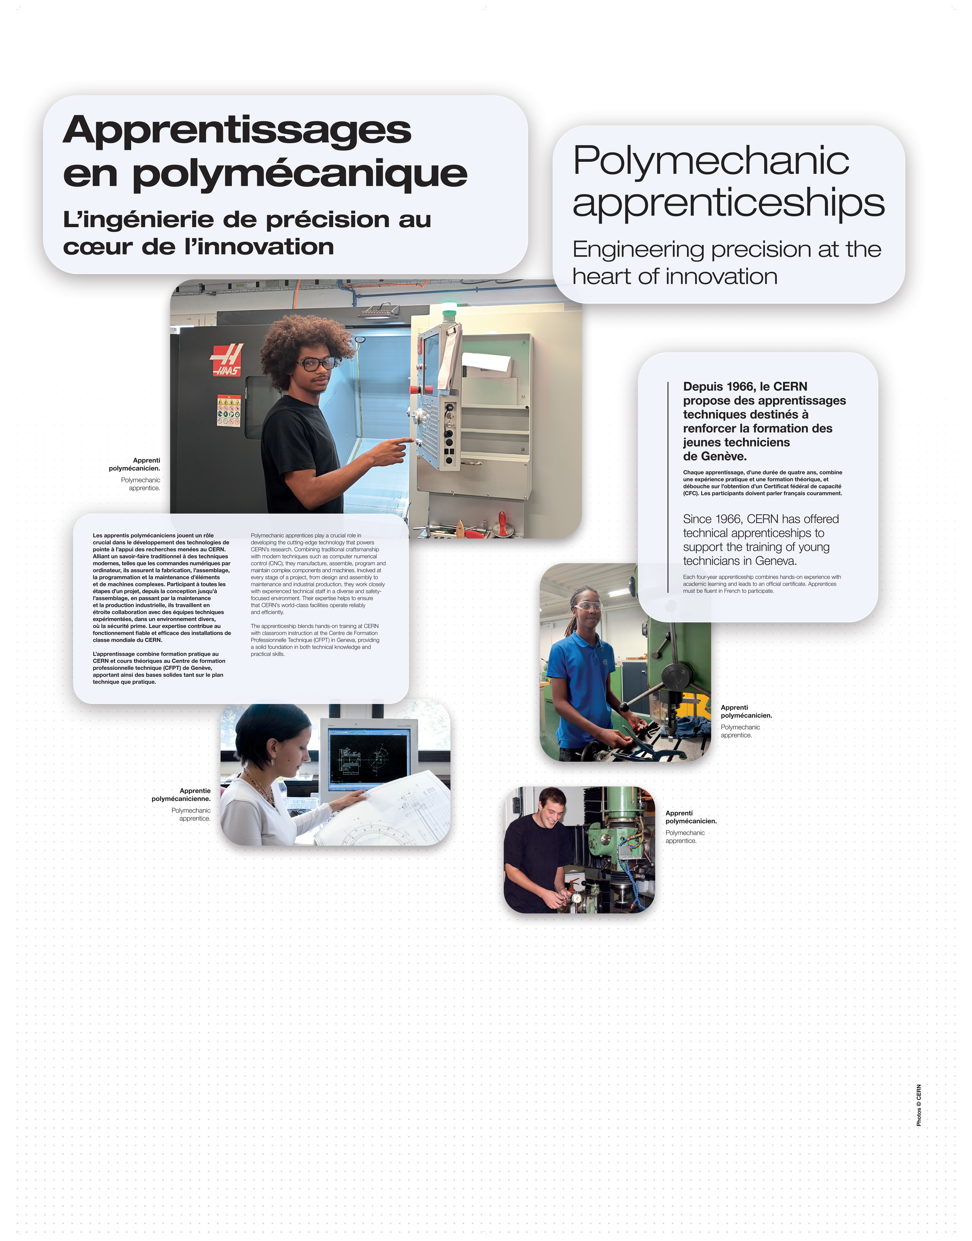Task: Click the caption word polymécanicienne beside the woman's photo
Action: click(x=181, y=799)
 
